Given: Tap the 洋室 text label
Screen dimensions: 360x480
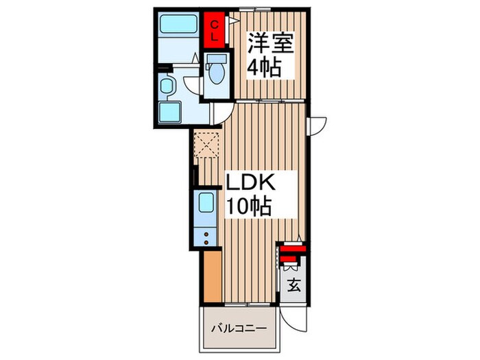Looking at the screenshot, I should coord(270,46).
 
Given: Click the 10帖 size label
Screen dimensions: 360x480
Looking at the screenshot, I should coord(250,205).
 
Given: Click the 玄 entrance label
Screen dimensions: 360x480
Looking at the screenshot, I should coord(293,286).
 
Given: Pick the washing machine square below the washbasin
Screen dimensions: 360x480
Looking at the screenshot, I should coord(169,114).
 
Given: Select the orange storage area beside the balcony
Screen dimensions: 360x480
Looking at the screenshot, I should coord(213,275).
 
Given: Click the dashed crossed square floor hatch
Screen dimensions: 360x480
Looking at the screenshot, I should coord(206,143).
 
